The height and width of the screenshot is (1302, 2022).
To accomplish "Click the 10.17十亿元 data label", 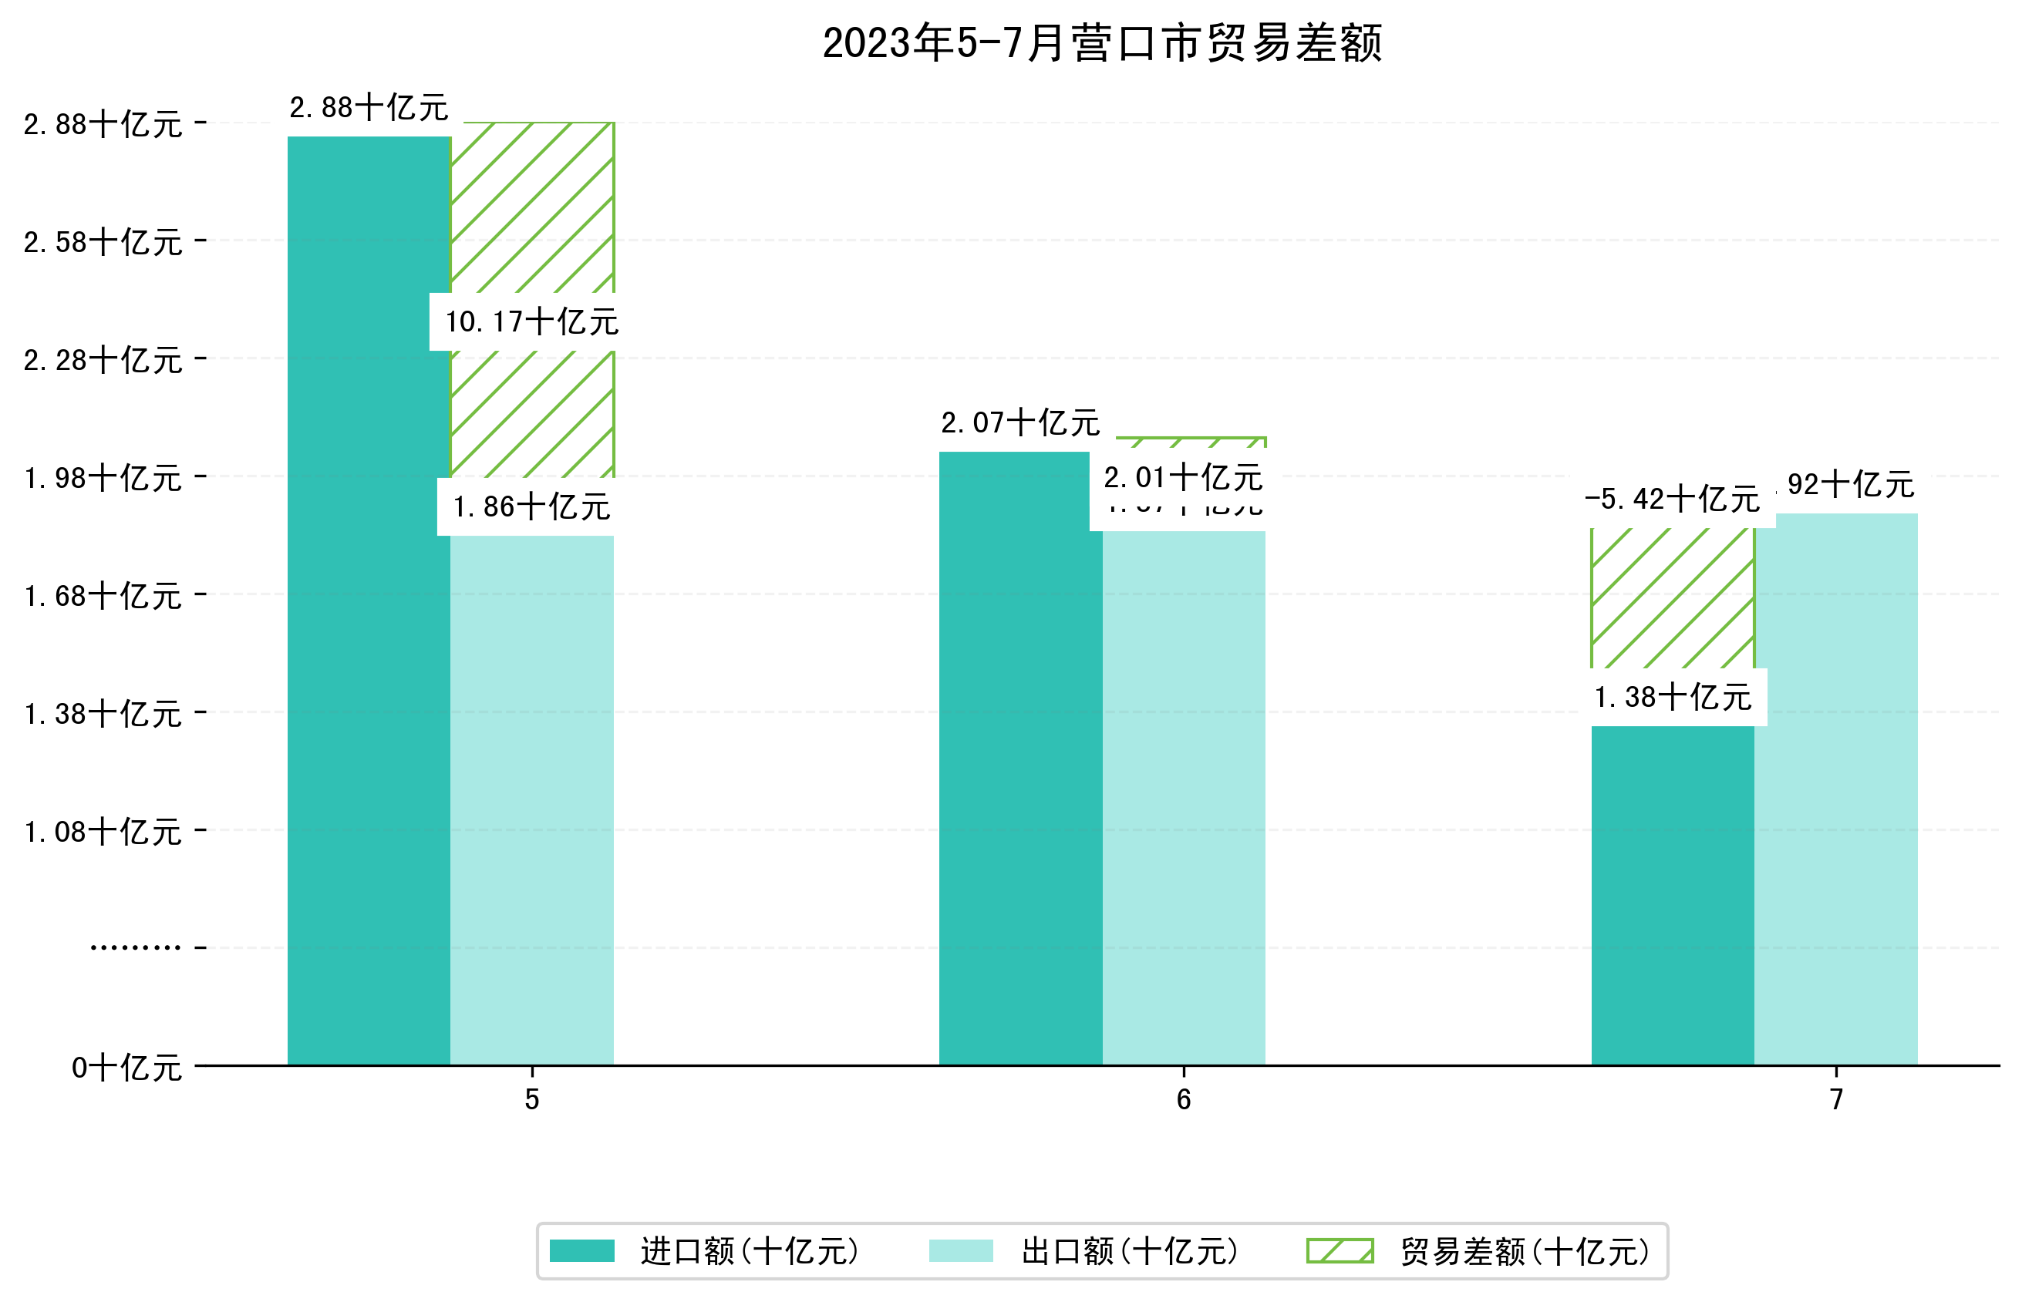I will click(532, 322).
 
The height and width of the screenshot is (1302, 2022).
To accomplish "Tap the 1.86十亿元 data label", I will click(532, 507).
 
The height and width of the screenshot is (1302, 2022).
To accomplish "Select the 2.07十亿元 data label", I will click(1020, 422).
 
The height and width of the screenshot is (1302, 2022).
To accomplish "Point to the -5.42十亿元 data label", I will click(1672, 500).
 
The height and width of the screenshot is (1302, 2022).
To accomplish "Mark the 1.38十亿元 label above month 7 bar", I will click(1672, 698).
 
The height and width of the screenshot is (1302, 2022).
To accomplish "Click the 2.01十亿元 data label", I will click(1183, 479).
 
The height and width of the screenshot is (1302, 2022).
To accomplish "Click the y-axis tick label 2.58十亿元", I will click(103, 243).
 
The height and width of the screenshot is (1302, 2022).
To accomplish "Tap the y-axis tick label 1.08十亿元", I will click(103, 832).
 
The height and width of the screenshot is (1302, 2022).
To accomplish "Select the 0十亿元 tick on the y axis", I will click(126, 1068).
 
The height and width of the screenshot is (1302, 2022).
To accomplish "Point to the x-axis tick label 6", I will click(1183, 1099).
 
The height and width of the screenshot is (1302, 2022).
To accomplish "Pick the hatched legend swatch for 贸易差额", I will click(1340, 1251).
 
